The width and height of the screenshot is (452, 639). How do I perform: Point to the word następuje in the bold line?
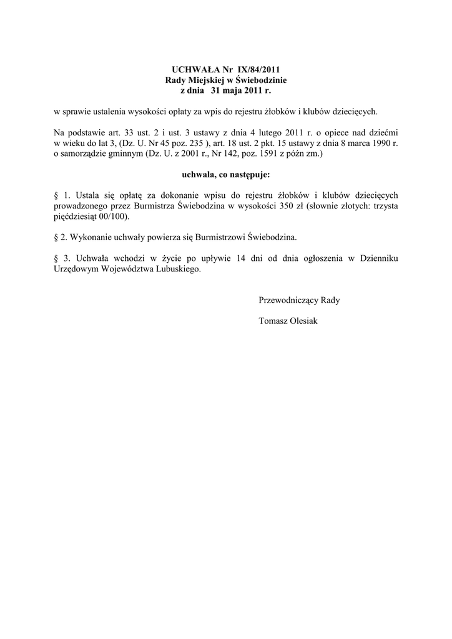point(248,175)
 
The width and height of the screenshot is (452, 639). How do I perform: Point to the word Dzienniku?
point(377,258)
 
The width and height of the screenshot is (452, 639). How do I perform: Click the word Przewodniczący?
point(288,300)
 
